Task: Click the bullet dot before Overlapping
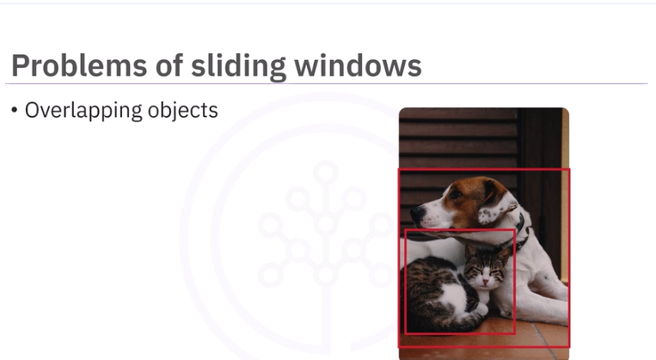click(x=15, y=111)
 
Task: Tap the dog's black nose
click(x=413, y=211)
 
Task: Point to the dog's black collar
click(x=520, y=228)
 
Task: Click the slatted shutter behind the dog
click(x=456, y=137)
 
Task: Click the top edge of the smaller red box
click(x=460, y=230)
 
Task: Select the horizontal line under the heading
click(x=327, y=84)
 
